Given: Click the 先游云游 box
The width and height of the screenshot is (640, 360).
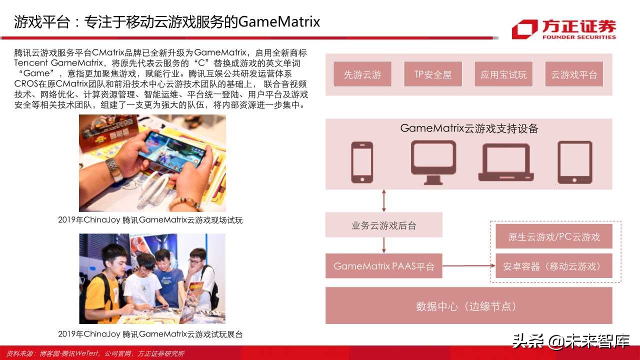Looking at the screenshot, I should click(362, 74).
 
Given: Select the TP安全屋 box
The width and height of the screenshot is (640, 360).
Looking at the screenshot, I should click(433, 74).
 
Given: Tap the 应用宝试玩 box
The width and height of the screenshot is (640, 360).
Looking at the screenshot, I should click(503, 74).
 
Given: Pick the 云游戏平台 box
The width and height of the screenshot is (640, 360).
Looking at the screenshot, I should click(574, 74).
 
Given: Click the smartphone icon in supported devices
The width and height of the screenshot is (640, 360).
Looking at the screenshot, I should click(362, 161).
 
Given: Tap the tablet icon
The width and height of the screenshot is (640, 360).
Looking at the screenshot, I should click(575, 162).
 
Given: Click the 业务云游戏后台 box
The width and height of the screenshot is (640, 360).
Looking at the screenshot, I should click(384, 225).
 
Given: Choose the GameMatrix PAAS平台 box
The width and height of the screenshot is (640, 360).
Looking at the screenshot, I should click(384, 266).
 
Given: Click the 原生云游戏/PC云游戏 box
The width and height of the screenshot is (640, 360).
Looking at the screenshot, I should click(554, 236).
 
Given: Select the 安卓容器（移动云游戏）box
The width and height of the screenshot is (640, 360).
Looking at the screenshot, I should click(554, 266).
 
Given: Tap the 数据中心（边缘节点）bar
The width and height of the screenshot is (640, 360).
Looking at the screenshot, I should click(469, 305).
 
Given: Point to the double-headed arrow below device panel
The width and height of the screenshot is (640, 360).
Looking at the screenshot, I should click(384, 200).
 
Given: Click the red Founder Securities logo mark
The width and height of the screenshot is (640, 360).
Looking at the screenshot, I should click(524, 29).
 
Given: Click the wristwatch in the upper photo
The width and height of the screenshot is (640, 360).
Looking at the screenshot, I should click(115, 169).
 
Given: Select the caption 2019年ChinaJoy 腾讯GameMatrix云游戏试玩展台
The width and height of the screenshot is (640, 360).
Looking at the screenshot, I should click(150, 334).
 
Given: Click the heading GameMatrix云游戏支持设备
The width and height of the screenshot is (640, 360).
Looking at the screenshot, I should click(469, 128).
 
